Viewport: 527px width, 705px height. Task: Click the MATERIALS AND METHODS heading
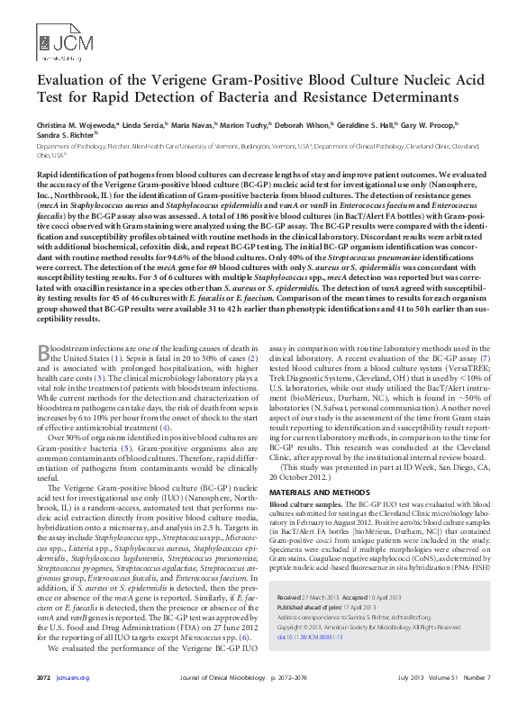324,493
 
